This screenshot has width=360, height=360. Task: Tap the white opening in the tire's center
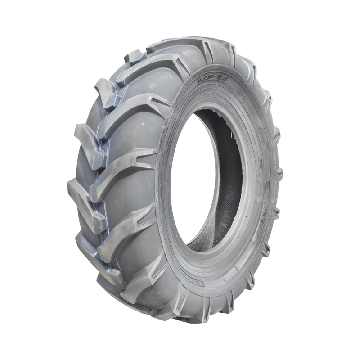pyautogui.click(x=193, y=180)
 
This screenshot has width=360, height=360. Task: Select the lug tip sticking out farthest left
pyautogui.click(x=72, y=184)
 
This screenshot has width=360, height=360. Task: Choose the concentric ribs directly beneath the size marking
pyautogui.click(x=198, y=97)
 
